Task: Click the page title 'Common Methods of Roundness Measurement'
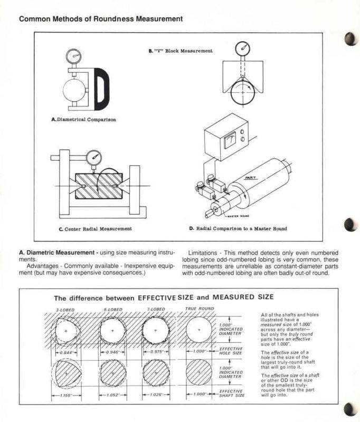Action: coord(101,19)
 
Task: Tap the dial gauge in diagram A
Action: coord(74,55)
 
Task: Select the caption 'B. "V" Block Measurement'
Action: coord(181,51)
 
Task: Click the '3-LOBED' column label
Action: coord(65,309)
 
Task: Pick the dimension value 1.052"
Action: coord(111,394)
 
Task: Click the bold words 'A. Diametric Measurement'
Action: coord(58,253)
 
